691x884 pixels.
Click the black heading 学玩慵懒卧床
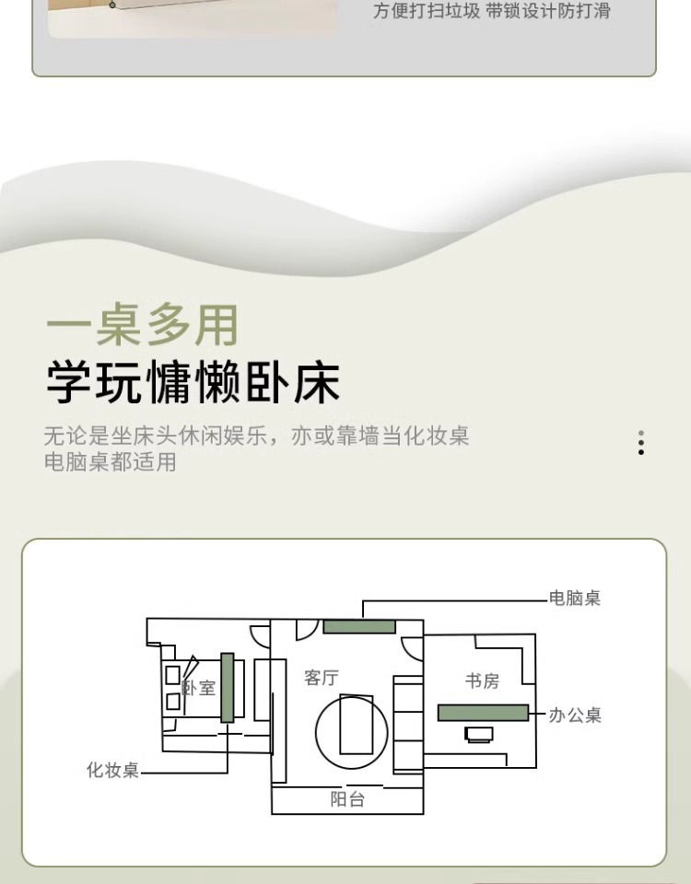coord(193,383)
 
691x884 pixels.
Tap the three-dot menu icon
coord(641,443)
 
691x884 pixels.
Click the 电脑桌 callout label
coord(575,599)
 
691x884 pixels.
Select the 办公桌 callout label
coord(575,715)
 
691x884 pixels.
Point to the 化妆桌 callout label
coord(112,770)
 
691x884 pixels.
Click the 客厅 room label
coord(322,679)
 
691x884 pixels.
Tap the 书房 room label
coord(482,681)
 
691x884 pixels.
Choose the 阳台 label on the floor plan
coord(347,800)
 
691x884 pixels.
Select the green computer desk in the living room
coord(359,627)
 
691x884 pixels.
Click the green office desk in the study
coord(483,713)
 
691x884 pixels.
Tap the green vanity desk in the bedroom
coord(228,687)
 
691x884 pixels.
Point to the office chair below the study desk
coord(479,734)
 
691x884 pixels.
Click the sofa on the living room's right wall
coord(407,724)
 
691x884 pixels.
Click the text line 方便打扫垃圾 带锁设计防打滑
coord(492,12)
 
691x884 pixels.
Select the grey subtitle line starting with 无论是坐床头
coord(256,436)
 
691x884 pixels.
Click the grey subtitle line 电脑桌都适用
coord(110,461)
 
